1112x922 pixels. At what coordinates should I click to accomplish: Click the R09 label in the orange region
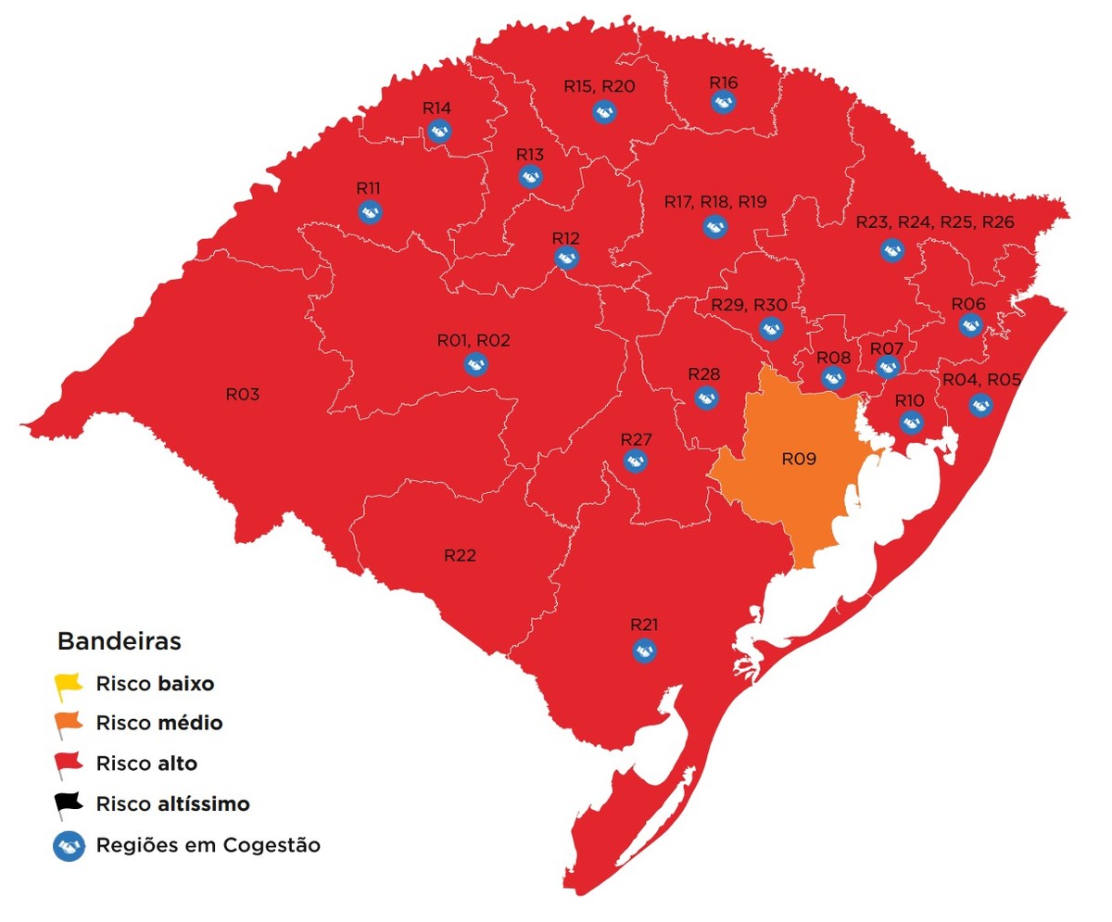[798, 458]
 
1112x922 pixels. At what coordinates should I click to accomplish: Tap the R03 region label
[243, 394]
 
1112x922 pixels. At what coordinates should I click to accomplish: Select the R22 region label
[460, 555]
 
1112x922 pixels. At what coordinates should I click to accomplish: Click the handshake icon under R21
[644, 650]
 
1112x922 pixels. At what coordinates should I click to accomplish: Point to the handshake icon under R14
[438, 131]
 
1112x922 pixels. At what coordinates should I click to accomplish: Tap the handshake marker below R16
[724, 102]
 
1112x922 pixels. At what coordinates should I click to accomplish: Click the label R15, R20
[600, 86]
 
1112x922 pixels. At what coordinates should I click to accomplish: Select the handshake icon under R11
[369, 211]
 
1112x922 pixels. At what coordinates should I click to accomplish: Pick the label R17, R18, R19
[715, 201]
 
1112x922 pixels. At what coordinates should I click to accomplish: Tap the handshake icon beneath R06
[970, 324]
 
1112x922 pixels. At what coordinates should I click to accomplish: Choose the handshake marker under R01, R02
[474, 364]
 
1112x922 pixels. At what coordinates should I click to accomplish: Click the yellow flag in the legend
[68, 687]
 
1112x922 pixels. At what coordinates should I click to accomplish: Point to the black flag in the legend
[68, 805]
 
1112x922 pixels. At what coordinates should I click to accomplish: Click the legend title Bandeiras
[119, 640]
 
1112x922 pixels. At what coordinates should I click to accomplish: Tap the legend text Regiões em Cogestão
[208, 845]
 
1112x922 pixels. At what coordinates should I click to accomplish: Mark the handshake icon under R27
[635, 461]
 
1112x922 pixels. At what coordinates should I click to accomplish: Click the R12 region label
[565, 238]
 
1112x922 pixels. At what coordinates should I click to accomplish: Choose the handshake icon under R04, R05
[979, 404]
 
